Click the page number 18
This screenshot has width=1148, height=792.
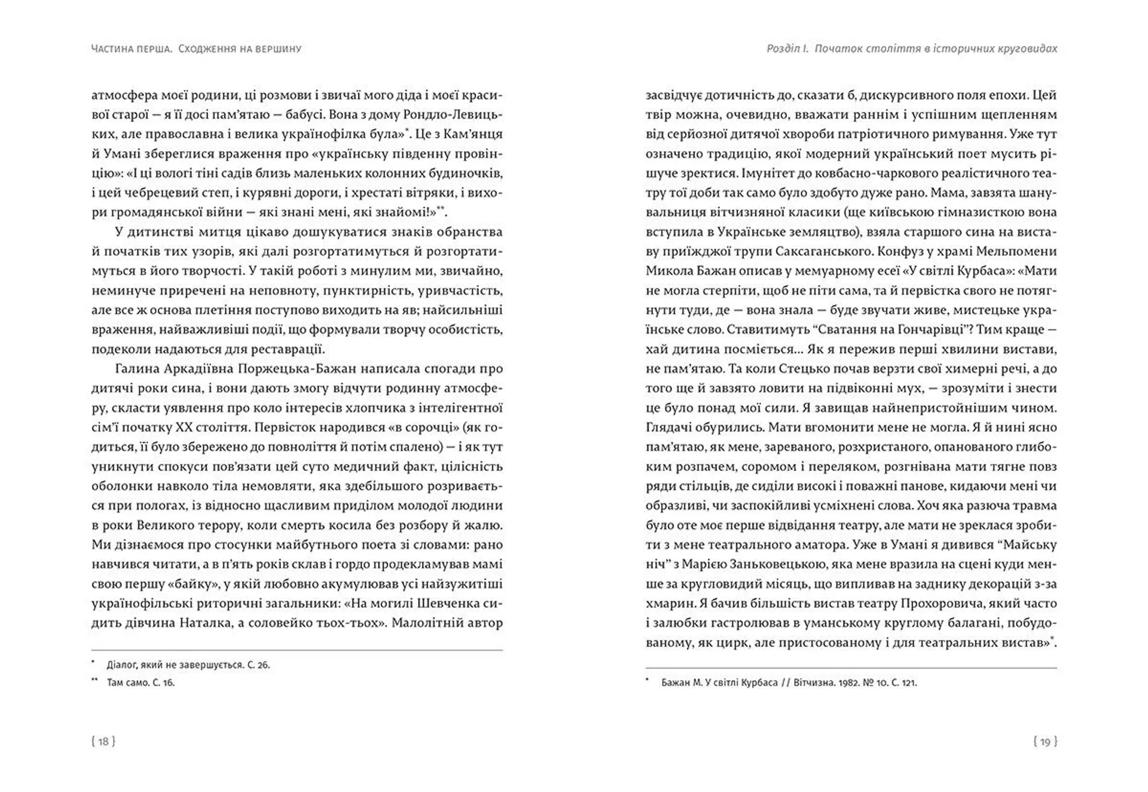point(103,741)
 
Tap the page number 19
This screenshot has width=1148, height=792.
point(1045,742)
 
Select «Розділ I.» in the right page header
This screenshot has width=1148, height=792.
point(787,48)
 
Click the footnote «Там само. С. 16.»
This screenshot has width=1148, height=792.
point(141,682)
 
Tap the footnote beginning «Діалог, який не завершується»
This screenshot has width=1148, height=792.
point(188,665)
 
